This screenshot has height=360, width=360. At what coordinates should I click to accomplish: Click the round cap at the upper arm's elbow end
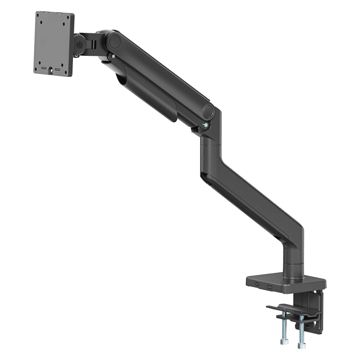point(208,111)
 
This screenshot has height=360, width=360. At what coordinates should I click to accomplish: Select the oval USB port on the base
point(256,283)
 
